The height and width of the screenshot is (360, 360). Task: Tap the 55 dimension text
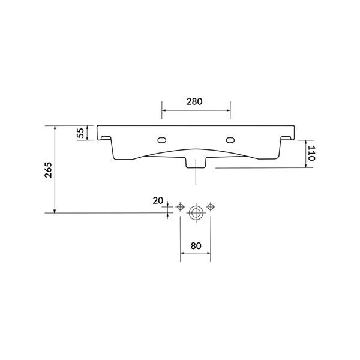tap(81, 133)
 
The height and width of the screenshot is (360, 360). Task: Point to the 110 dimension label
tap(312, 153)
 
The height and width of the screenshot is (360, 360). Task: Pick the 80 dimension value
tap(195, 245)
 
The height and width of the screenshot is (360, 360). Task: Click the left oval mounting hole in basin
tap(161, 140)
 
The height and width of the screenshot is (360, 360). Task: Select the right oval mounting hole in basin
tap(231, 140)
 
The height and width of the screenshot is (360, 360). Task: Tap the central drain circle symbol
tap(196, 212)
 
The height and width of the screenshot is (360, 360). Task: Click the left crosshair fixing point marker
tap(179, 207)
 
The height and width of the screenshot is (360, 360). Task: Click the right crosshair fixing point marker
tap(210, 207)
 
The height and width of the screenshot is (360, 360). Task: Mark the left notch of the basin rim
tap(106, 139)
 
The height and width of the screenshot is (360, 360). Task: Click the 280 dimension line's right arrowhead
tap(229, 110)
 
